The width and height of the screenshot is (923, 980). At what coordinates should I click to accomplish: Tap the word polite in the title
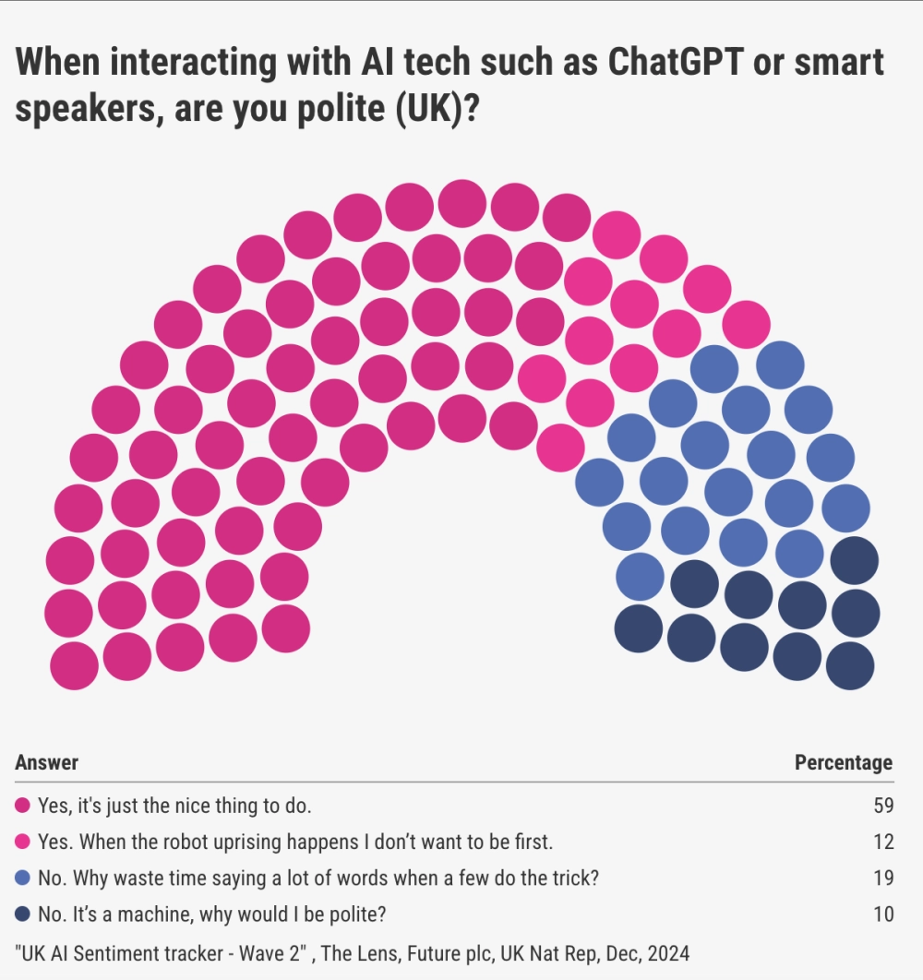tap(342, 109)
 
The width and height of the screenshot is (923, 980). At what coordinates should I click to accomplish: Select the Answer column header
tap(47, 762)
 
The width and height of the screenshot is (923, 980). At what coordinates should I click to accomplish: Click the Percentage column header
tap(844, 762)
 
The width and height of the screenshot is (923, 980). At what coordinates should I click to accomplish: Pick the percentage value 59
tap(883, 806)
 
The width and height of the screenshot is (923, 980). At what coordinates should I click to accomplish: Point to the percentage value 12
tap(883, 842)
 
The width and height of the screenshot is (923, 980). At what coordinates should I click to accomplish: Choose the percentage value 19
tap(883, 878)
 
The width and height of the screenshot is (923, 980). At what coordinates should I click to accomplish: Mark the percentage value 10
tap(883, 914)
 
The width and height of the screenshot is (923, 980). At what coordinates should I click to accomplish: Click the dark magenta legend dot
tap(22, 806)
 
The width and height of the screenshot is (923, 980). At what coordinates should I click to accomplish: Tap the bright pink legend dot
tap(22, 842)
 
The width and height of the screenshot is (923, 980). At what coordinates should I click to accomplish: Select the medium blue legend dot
tap(22, 878)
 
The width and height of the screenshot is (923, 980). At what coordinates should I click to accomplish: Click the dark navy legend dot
tap(22, 914)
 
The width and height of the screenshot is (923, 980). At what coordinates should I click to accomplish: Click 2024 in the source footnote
tap(668, 954)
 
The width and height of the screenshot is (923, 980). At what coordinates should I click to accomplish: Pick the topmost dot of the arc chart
tap(462, 204)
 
